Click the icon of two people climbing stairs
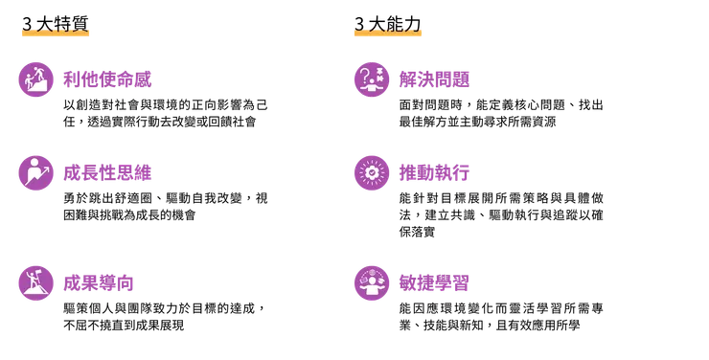[x=35, y=79]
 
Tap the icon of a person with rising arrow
[x=35, y=172]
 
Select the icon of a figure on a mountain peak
[x=35, y=282]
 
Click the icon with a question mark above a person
[x=371, y=79]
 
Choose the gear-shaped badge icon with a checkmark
[x=371, y=173]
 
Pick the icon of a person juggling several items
[x=371, y=282]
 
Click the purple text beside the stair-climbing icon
[x=107, y=79]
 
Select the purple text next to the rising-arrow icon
[x=107, y=172]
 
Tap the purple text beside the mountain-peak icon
[x=99, y=282]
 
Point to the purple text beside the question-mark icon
[x=435, y=79]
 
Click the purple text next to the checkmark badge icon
[x=435, y=173]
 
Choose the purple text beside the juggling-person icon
[x=434, y=282]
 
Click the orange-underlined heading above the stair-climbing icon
[x=54, y=30]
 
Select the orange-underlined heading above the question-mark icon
[x=386, y=30]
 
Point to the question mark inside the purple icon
[x=364, y=73]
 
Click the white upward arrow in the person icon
[x=44, y=167]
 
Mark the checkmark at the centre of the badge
[x=371, y=173]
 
